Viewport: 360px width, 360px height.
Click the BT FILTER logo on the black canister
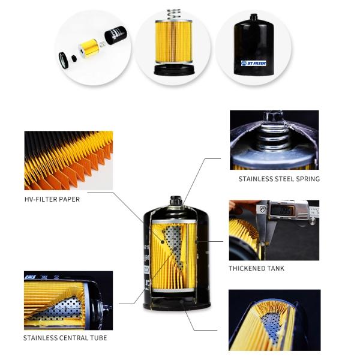pyautogui.click(x=253, y=63)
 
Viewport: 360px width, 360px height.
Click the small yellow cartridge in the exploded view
pyautogui.click(x=90, y=44)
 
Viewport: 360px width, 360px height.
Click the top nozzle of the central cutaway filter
pyautogui.click(x=175, y=200)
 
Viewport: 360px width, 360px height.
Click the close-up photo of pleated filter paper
pyautogui.click(x=68, y=160)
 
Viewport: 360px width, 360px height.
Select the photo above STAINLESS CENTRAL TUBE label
pyautogui.click(x=68, y=300)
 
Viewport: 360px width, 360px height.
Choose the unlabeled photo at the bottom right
pyautogui.click(x=274, y=319)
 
